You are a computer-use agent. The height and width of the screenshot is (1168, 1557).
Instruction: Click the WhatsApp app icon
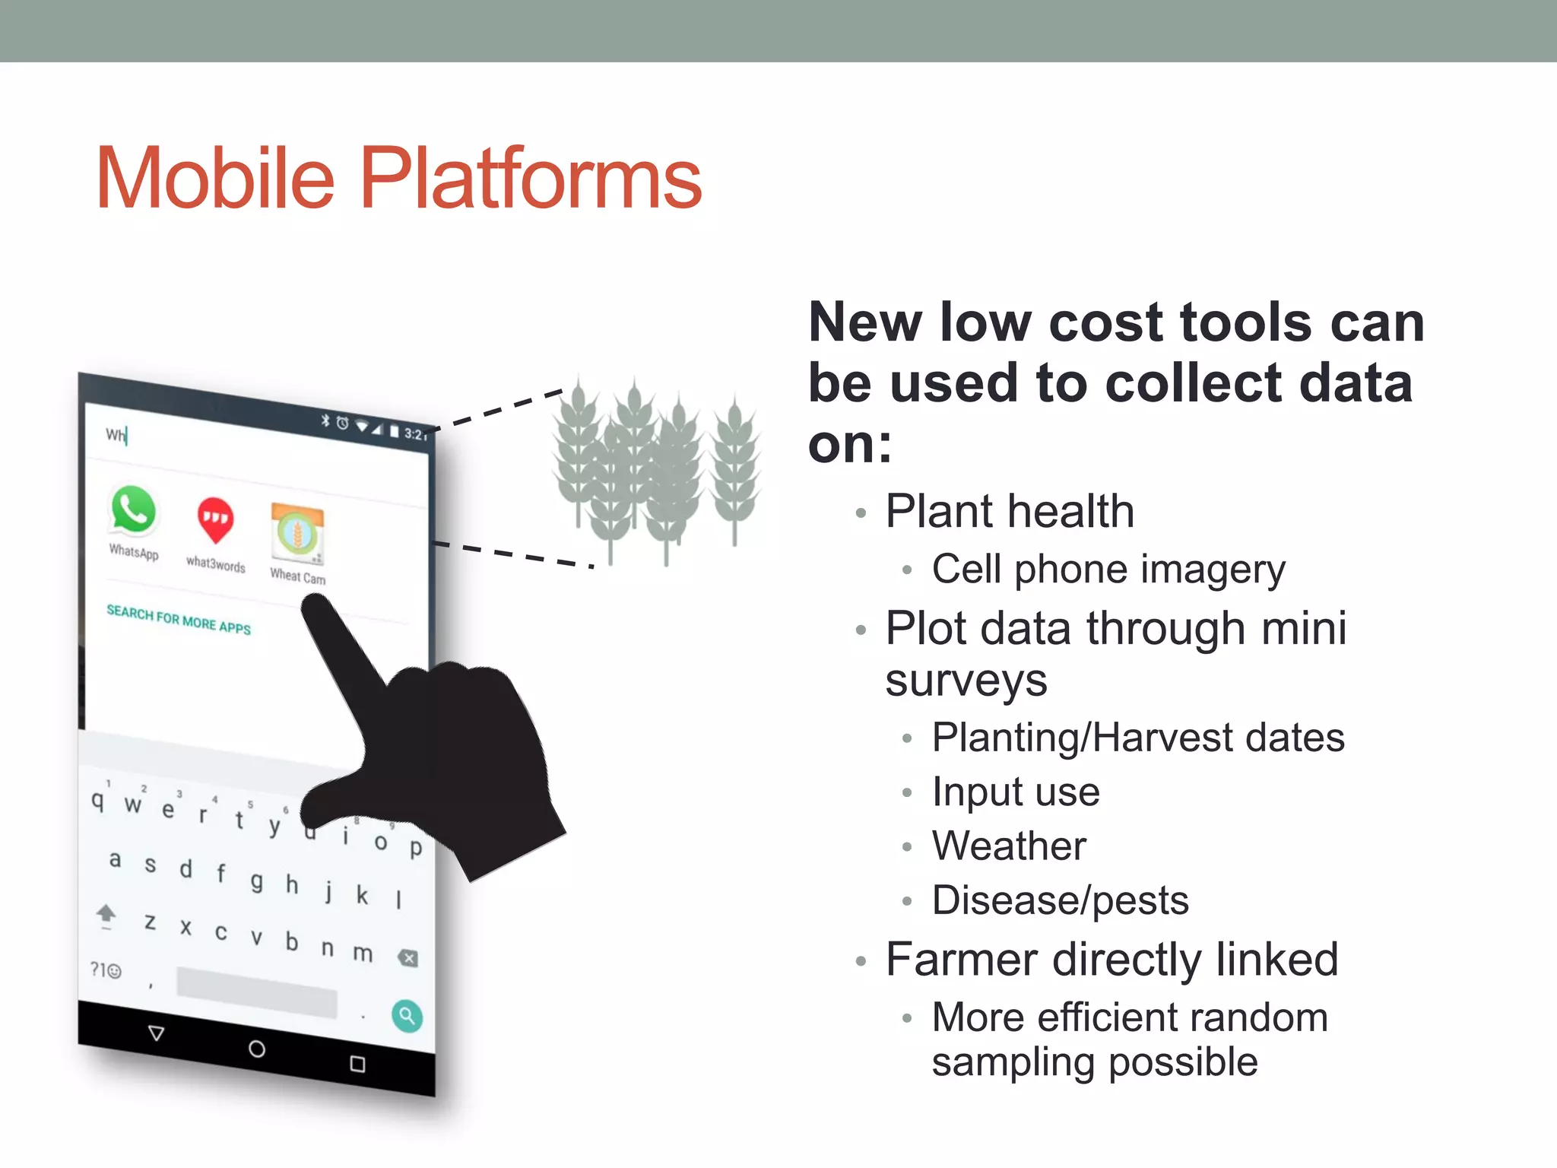133,509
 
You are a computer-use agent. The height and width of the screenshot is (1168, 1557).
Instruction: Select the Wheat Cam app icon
297,533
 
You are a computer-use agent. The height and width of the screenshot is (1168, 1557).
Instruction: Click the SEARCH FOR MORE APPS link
179,620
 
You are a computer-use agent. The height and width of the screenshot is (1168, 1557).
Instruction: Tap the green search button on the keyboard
407,1016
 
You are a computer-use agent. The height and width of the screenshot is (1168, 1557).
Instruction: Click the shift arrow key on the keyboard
106,915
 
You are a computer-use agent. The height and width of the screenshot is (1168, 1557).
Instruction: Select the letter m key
363,952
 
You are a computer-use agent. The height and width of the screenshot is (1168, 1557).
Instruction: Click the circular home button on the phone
257,1049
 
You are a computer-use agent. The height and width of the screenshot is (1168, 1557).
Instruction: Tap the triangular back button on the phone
157,1033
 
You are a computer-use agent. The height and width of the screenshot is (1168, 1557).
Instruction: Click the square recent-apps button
357,1064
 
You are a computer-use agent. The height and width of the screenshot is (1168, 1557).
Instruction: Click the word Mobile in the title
215,179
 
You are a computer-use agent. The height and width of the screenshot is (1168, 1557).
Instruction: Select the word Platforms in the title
530,179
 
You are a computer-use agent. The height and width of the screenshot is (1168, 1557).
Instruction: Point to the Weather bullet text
1009,846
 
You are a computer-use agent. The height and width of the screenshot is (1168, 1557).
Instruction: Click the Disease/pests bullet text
1060,900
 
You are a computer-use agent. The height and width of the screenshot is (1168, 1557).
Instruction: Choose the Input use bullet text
1016,792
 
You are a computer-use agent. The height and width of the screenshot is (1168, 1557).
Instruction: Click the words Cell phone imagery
1108,569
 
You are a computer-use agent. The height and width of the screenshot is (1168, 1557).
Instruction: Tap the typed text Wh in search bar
116,434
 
